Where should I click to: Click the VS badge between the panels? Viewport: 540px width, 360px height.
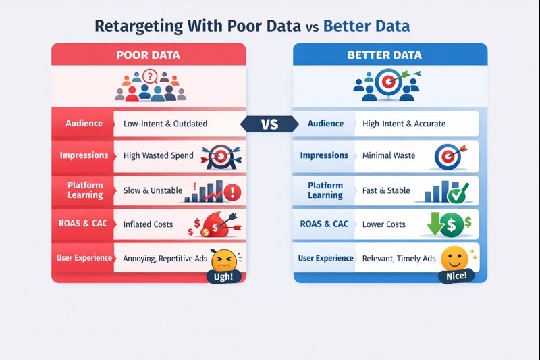tap(269, 124)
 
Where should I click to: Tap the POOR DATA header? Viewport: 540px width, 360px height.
tap(148, 55)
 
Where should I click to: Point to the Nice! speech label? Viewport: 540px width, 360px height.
tap(456, 276)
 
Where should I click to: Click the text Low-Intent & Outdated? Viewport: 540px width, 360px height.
tap(165, 124)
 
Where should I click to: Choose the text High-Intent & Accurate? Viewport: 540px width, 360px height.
tap(404, 124)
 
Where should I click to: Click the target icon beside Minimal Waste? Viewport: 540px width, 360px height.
tap(446, 156)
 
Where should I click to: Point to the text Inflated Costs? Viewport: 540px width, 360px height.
tap(148, 224)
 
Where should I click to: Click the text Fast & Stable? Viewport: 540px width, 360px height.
tap(386, 190)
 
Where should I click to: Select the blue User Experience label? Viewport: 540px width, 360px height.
tap(326, 258)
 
